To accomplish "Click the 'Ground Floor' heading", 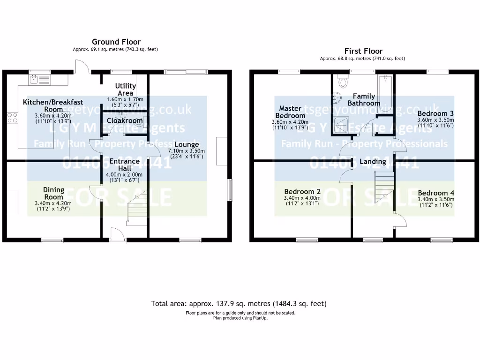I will [x=116, y=42].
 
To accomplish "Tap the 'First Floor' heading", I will [x=363, y=51].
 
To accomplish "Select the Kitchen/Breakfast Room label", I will [x=53, y=105].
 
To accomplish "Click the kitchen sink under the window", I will [x=39, y=80].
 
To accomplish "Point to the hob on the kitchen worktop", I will [x=12, y=117].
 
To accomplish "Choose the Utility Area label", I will [x=126, y=89].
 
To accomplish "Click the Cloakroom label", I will [x=125, y=120].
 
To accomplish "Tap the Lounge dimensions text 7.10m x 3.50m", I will [x=187, y=150].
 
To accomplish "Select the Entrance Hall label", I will [x=124, y=165].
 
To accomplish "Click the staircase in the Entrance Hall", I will [x=137, y=209].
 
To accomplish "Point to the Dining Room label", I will [x=53, y=193].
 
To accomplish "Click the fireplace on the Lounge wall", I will [x=222, y=151].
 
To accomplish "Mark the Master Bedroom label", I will [x=290, y=112].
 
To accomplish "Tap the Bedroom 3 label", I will [x=435, y=113].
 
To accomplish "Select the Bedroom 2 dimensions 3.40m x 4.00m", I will [x=302, y=198].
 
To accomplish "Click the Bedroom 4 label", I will [x=435, y=193].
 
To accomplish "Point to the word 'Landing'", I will [x=373, y=162].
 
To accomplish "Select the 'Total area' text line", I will [x=239, y=304].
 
